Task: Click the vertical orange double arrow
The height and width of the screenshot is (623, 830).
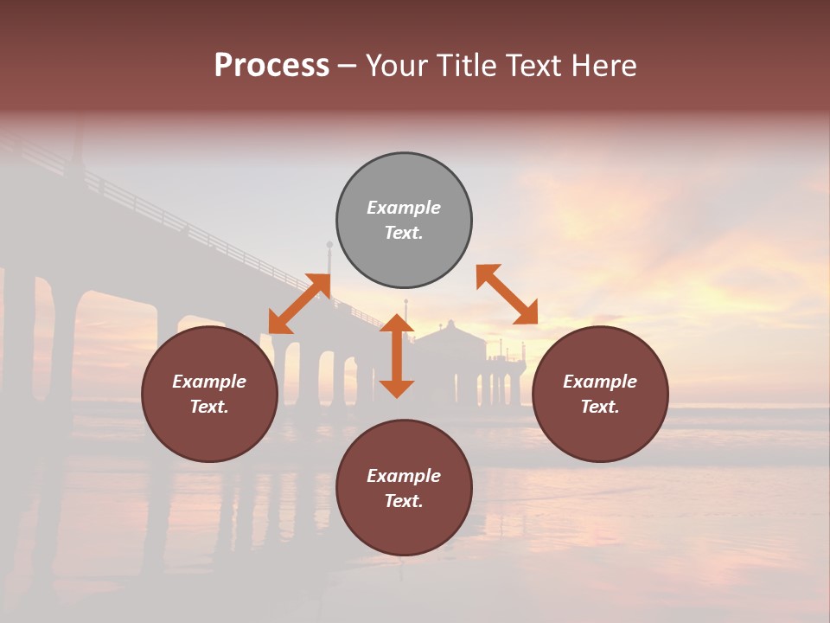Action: click(397, 356)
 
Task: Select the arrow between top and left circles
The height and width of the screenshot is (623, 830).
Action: click(300, 303)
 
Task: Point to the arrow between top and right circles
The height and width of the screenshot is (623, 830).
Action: click(507, 294)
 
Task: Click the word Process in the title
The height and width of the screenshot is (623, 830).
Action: click(271, 66)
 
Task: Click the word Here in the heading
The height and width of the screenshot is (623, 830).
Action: click(604, 66)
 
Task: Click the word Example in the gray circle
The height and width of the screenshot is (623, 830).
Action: click(404, 208)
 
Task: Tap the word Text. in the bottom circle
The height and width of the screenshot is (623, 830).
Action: click(404, 501)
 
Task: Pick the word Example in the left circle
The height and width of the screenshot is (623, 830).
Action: click(209, 382)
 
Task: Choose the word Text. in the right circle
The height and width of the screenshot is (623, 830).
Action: click(600, 407)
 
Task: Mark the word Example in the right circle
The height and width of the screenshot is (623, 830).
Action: click(600, 382)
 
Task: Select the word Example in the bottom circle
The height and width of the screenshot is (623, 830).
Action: click(404, 476)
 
